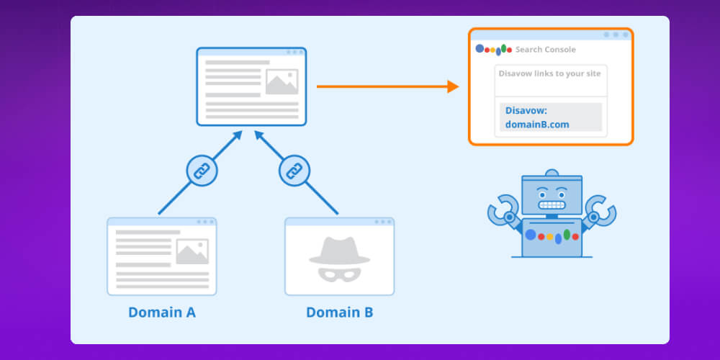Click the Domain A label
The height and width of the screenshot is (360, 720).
coord(162,312)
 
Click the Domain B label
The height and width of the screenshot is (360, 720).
coord(340,312)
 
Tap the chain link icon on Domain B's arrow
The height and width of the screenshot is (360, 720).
coord(293,171)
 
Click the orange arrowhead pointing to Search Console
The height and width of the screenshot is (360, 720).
coord(453,87)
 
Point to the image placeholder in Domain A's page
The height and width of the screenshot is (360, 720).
coord(192,251)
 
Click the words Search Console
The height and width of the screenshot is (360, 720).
coord(545,50)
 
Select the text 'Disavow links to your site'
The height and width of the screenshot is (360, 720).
coord(551,73)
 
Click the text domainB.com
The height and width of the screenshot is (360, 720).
coord(537,124)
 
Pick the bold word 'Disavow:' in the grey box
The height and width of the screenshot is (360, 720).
coord(526,111)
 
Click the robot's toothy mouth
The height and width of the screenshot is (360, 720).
coord(552,206)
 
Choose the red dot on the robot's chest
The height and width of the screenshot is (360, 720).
coord(540,235)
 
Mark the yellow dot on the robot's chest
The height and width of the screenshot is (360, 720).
coord(549,236)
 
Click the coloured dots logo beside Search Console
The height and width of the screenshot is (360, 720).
coord(494,50)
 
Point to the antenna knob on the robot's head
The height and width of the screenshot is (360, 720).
coord(552,173)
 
